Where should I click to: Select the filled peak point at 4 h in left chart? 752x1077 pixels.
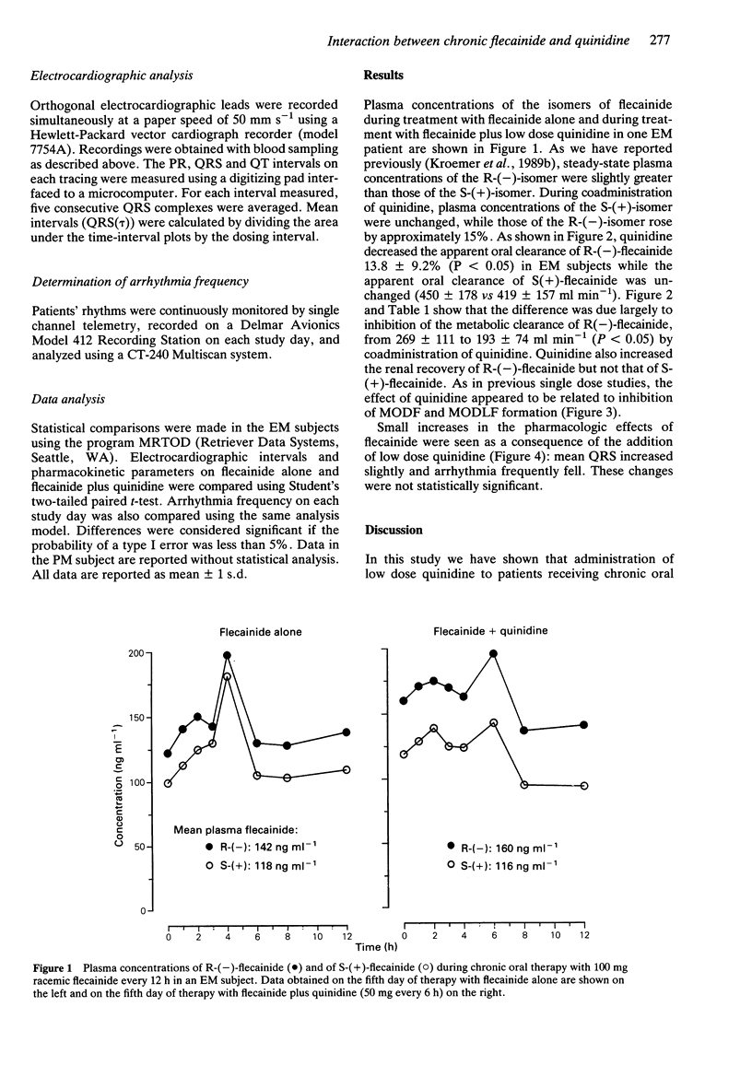[227, 656]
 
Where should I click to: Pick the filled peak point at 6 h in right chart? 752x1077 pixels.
[493, 654]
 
